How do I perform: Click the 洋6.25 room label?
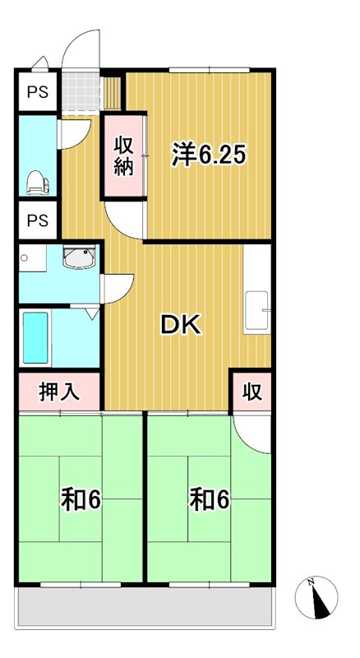(209, 155)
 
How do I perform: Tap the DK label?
(181, 325)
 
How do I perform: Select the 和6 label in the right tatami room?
(209, 499)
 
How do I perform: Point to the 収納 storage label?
(123, 156)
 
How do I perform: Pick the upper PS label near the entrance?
(38, 92)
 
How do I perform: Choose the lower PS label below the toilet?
(38, 220)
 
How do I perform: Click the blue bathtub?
(36, 337)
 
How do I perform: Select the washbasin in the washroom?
(79, 259)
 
